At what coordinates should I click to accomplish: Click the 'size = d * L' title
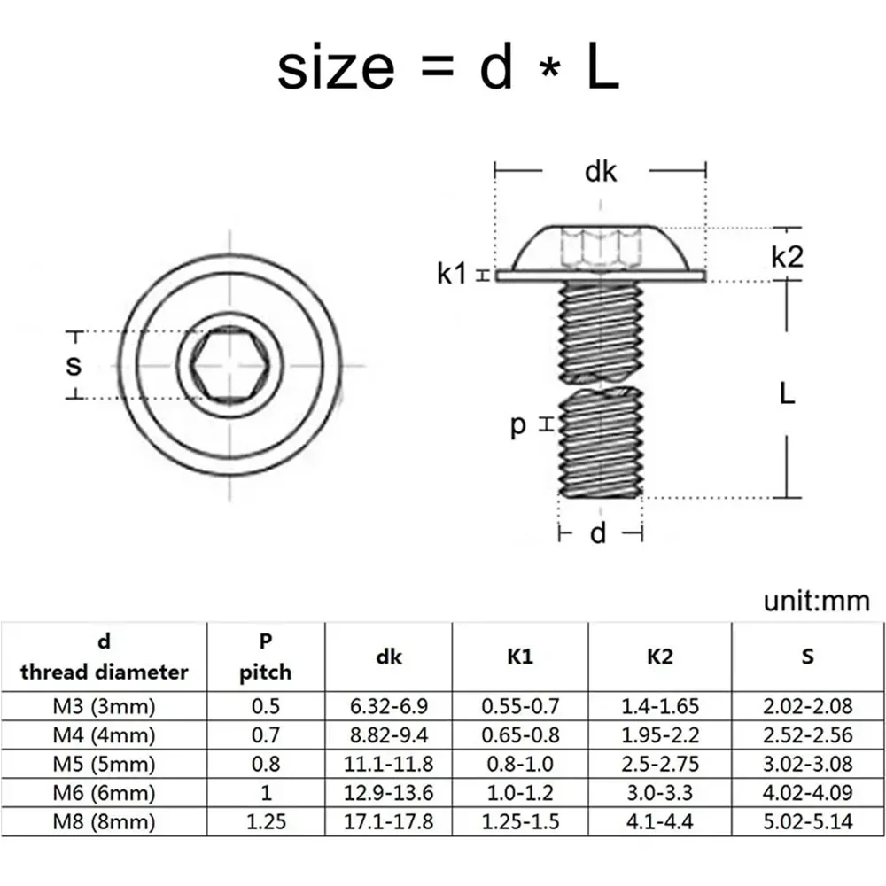[447, 69]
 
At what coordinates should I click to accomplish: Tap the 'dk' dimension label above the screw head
[601, 171]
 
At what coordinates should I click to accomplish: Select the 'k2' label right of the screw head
[787, 257]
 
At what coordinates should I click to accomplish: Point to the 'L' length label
[787, 392]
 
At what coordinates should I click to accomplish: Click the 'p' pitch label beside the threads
[519, 426]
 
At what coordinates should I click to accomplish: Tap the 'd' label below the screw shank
[600, 532]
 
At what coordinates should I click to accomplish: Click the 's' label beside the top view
[74, 365]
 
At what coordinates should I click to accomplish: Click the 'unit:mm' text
[816, 602]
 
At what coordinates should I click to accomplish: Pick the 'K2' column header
[660, 657]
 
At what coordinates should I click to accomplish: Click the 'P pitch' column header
[265, 657]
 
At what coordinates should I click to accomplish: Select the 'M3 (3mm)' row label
[105, 706]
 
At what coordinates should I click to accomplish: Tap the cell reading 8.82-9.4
[388, 735]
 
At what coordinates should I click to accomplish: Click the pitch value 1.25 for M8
[265, 822]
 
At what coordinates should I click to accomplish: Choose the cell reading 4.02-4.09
[807, 793]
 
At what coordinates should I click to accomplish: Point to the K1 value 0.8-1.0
[520, 764]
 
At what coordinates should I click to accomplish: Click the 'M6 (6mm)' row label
[105, 793]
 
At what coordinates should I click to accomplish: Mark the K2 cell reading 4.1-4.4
[660, 822]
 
